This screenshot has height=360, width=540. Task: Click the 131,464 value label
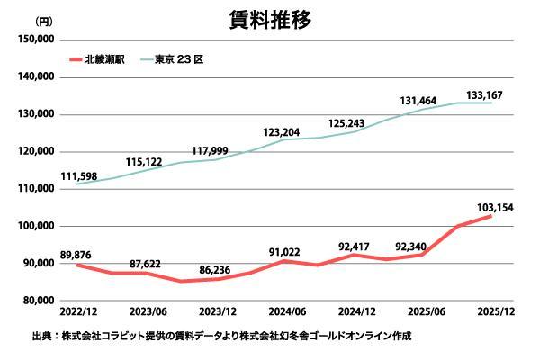click(x=418, y=101)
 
